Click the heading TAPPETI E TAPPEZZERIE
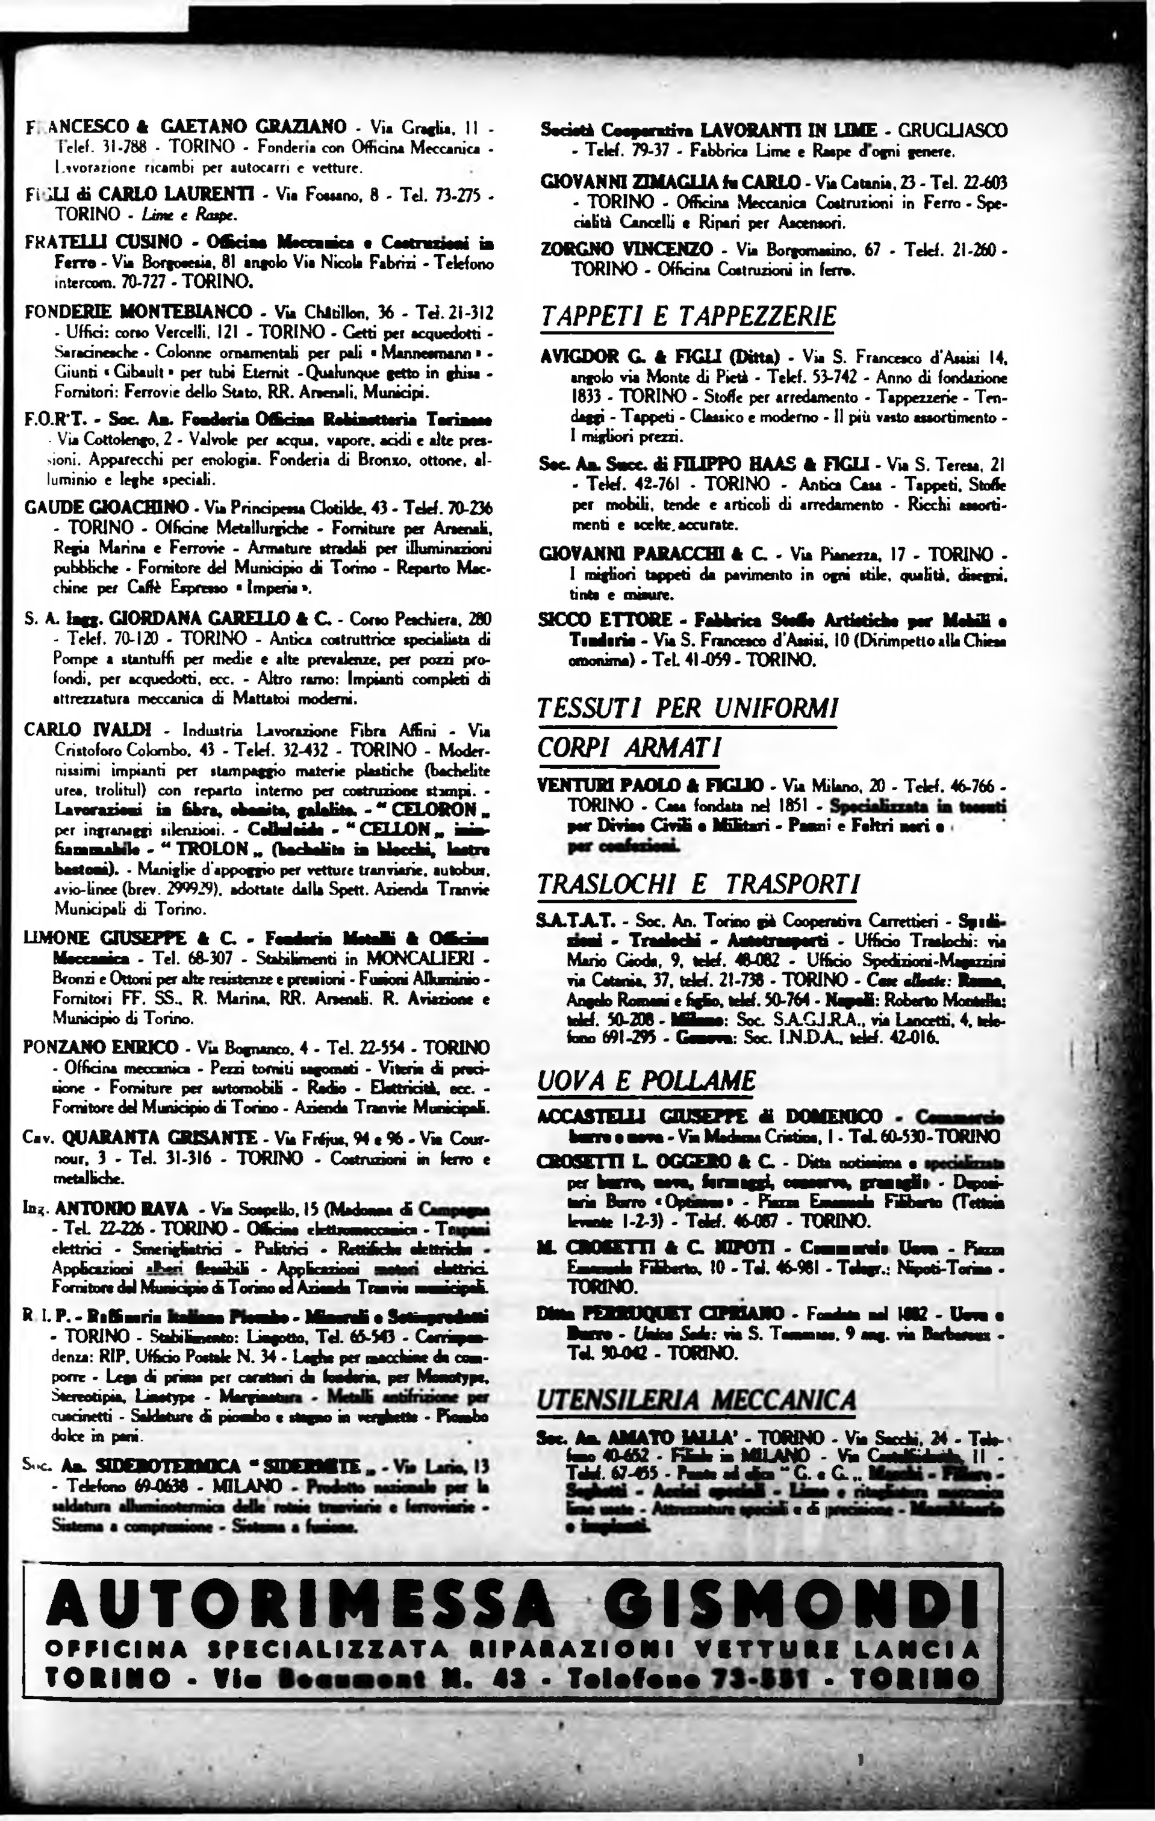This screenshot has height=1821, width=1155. pyautogui.click(x=688, y=315)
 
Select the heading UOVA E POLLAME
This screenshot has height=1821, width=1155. pyautogui.click(x=646, y=1079)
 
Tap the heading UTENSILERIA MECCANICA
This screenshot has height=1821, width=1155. pyautogui.click(x=696, y=1399)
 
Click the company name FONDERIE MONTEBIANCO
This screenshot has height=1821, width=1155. pyautogui.click(x=139, y=312)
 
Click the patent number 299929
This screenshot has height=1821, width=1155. pyautogui.click(x=168, y=891)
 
